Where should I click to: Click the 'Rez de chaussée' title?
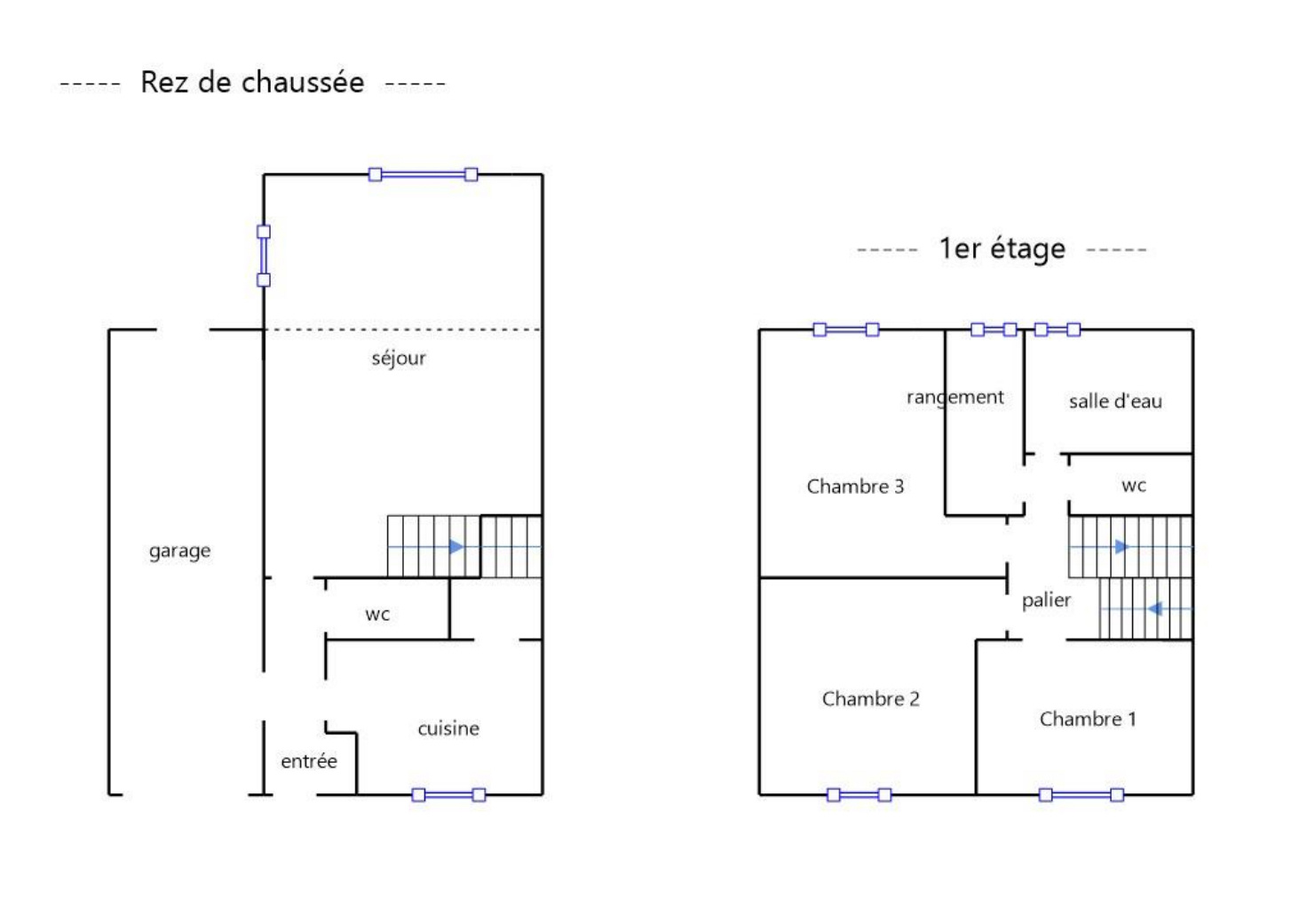(252, 83)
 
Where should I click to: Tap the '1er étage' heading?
(1002, 250)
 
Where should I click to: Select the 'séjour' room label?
(399, 359)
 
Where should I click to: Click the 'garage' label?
(179, 552)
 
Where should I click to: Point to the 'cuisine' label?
(448, 728)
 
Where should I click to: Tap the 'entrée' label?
(308, 761)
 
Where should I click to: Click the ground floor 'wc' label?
(377, 615)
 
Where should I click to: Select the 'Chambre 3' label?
(855, 486)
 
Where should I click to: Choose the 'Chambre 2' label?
(870, 699)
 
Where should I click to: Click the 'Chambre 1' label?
(1088, 719)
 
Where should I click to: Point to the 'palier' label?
(1046, 600)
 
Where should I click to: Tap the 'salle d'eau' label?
(1115, 401)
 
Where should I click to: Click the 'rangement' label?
(954, 398)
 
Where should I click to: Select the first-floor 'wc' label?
(1134, 486)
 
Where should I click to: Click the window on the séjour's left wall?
(264, 256)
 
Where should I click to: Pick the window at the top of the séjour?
(423, 174)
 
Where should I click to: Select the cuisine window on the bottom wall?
(448, 794)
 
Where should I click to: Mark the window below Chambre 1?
(1081, 794)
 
